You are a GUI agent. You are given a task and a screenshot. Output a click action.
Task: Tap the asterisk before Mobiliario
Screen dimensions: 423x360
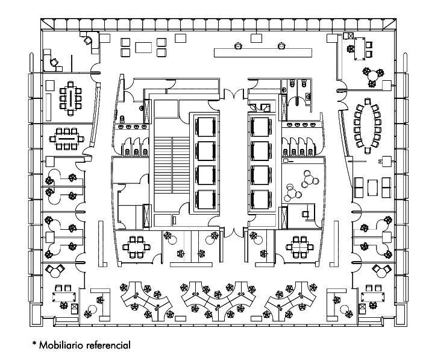click(x=34, y=343)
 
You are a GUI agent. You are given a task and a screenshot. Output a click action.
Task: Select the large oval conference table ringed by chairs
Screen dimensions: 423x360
click(x=367, y=126)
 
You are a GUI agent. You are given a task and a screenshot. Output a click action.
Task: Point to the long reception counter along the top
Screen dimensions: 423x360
click(x=263, y=52)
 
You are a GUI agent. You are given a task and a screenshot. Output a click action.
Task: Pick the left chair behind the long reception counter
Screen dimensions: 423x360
click(x=238, y=46)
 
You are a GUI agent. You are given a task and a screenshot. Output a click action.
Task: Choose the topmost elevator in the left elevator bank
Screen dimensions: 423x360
click(x=205, y=127)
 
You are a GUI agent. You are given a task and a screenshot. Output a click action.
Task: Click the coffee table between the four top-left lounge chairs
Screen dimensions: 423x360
click(x=143, y=48)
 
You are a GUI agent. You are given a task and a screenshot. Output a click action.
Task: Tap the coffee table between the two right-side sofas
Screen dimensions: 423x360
click(x=372, y=188)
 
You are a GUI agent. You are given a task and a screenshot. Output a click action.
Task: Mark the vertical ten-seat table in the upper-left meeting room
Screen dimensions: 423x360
click(x=70, y=98)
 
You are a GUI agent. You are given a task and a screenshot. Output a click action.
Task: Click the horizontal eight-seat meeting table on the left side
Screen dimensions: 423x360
click(x=66, y=139)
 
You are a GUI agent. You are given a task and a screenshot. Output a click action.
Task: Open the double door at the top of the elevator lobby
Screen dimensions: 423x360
click(x=234, y=95)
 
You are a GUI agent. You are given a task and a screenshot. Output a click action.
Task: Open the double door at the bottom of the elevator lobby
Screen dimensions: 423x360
click(x=234, y=232)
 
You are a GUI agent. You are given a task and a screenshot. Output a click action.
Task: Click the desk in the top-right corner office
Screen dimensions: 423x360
click(x=360, y=49)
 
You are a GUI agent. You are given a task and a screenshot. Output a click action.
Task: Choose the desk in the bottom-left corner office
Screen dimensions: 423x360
click(x=64, y=297)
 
